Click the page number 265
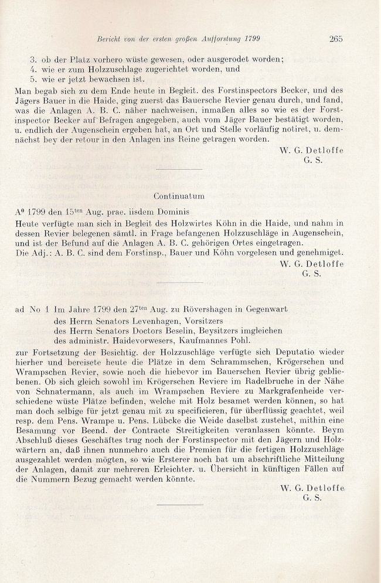pyautogui.click(x=336, y=39)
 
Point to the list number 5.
pyautogui.click(x=34, y=80)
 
